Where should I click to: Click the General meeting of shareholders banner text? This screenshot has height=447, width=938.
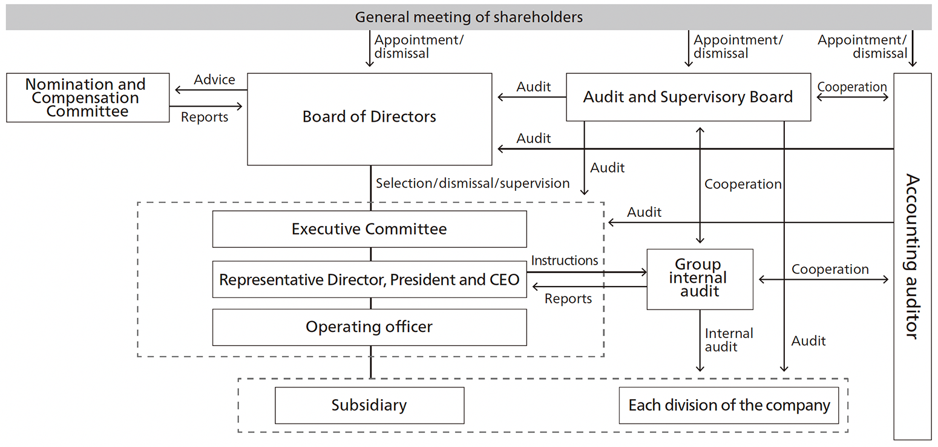[x=468, y=17]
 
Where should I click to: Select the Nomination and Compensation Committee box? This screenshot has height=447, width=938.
[x=88, y=98]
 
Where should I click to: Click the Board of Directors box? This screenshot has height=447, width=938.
[x=369, y=117]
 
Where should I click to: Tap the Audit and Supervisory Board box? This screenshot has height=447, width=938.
[x=688, y=97]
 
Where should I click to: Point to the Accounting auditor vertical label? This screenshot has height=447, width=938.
[x=912, y=256]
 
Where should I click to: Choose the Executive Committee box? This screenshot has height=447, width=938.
[x=369, y=229]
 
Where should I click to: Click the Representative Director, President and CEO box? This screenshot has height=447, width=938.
[x=369, y=280]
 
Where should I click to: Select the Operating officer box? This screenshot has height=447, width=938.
[x=369, y=327]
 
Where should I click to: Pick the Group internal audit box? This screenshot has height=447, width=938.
[x=700, y=279]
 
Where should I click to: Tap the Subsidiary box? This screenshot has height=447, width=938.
[x=369, y=405]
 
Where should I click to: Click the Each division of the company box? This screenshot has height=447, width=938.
[x=729, y=405]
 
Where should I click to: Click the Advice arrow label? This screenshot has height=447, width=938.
[x=214, y=80]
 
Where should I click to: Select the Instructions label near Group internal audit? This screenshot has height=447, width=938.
[x=564, y=260]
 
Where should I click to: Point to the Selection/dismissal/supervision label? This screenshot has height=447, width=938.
[x=473, y=183]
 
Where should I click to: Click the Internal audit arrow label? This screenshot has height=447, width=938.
[x=728, y=340]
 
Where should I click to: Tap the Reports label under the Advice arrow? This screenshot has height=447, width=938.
[x=205, y=118]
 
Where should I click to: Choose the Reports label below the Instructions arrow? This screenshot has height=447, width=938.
[x=568, y=299]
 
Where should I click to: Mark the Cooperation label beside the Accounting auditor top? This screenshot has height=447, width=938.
[x=851, y=87]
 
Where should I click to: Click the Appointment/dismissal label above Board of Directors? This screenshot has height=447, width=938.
[x=419, y=47]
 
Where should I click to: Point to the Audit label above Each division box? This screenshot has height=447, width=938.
[x=808, y=341]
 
